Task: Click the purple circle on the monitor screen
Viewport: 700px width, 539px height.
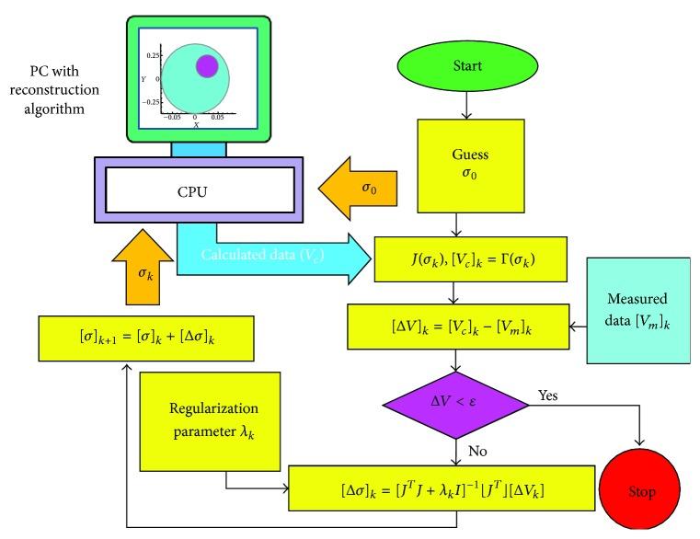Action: coord(207,66)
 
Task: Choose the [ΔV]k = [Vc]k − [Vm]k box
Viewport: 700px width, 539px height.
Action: coord(457,325)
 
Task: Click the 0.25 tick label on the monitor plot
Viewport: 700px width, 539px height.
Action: coord(151,55)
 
